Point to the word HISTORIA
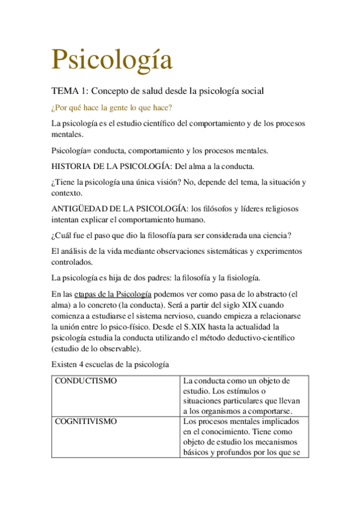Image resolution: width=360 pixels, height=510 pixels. click(x=72, y=166)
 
